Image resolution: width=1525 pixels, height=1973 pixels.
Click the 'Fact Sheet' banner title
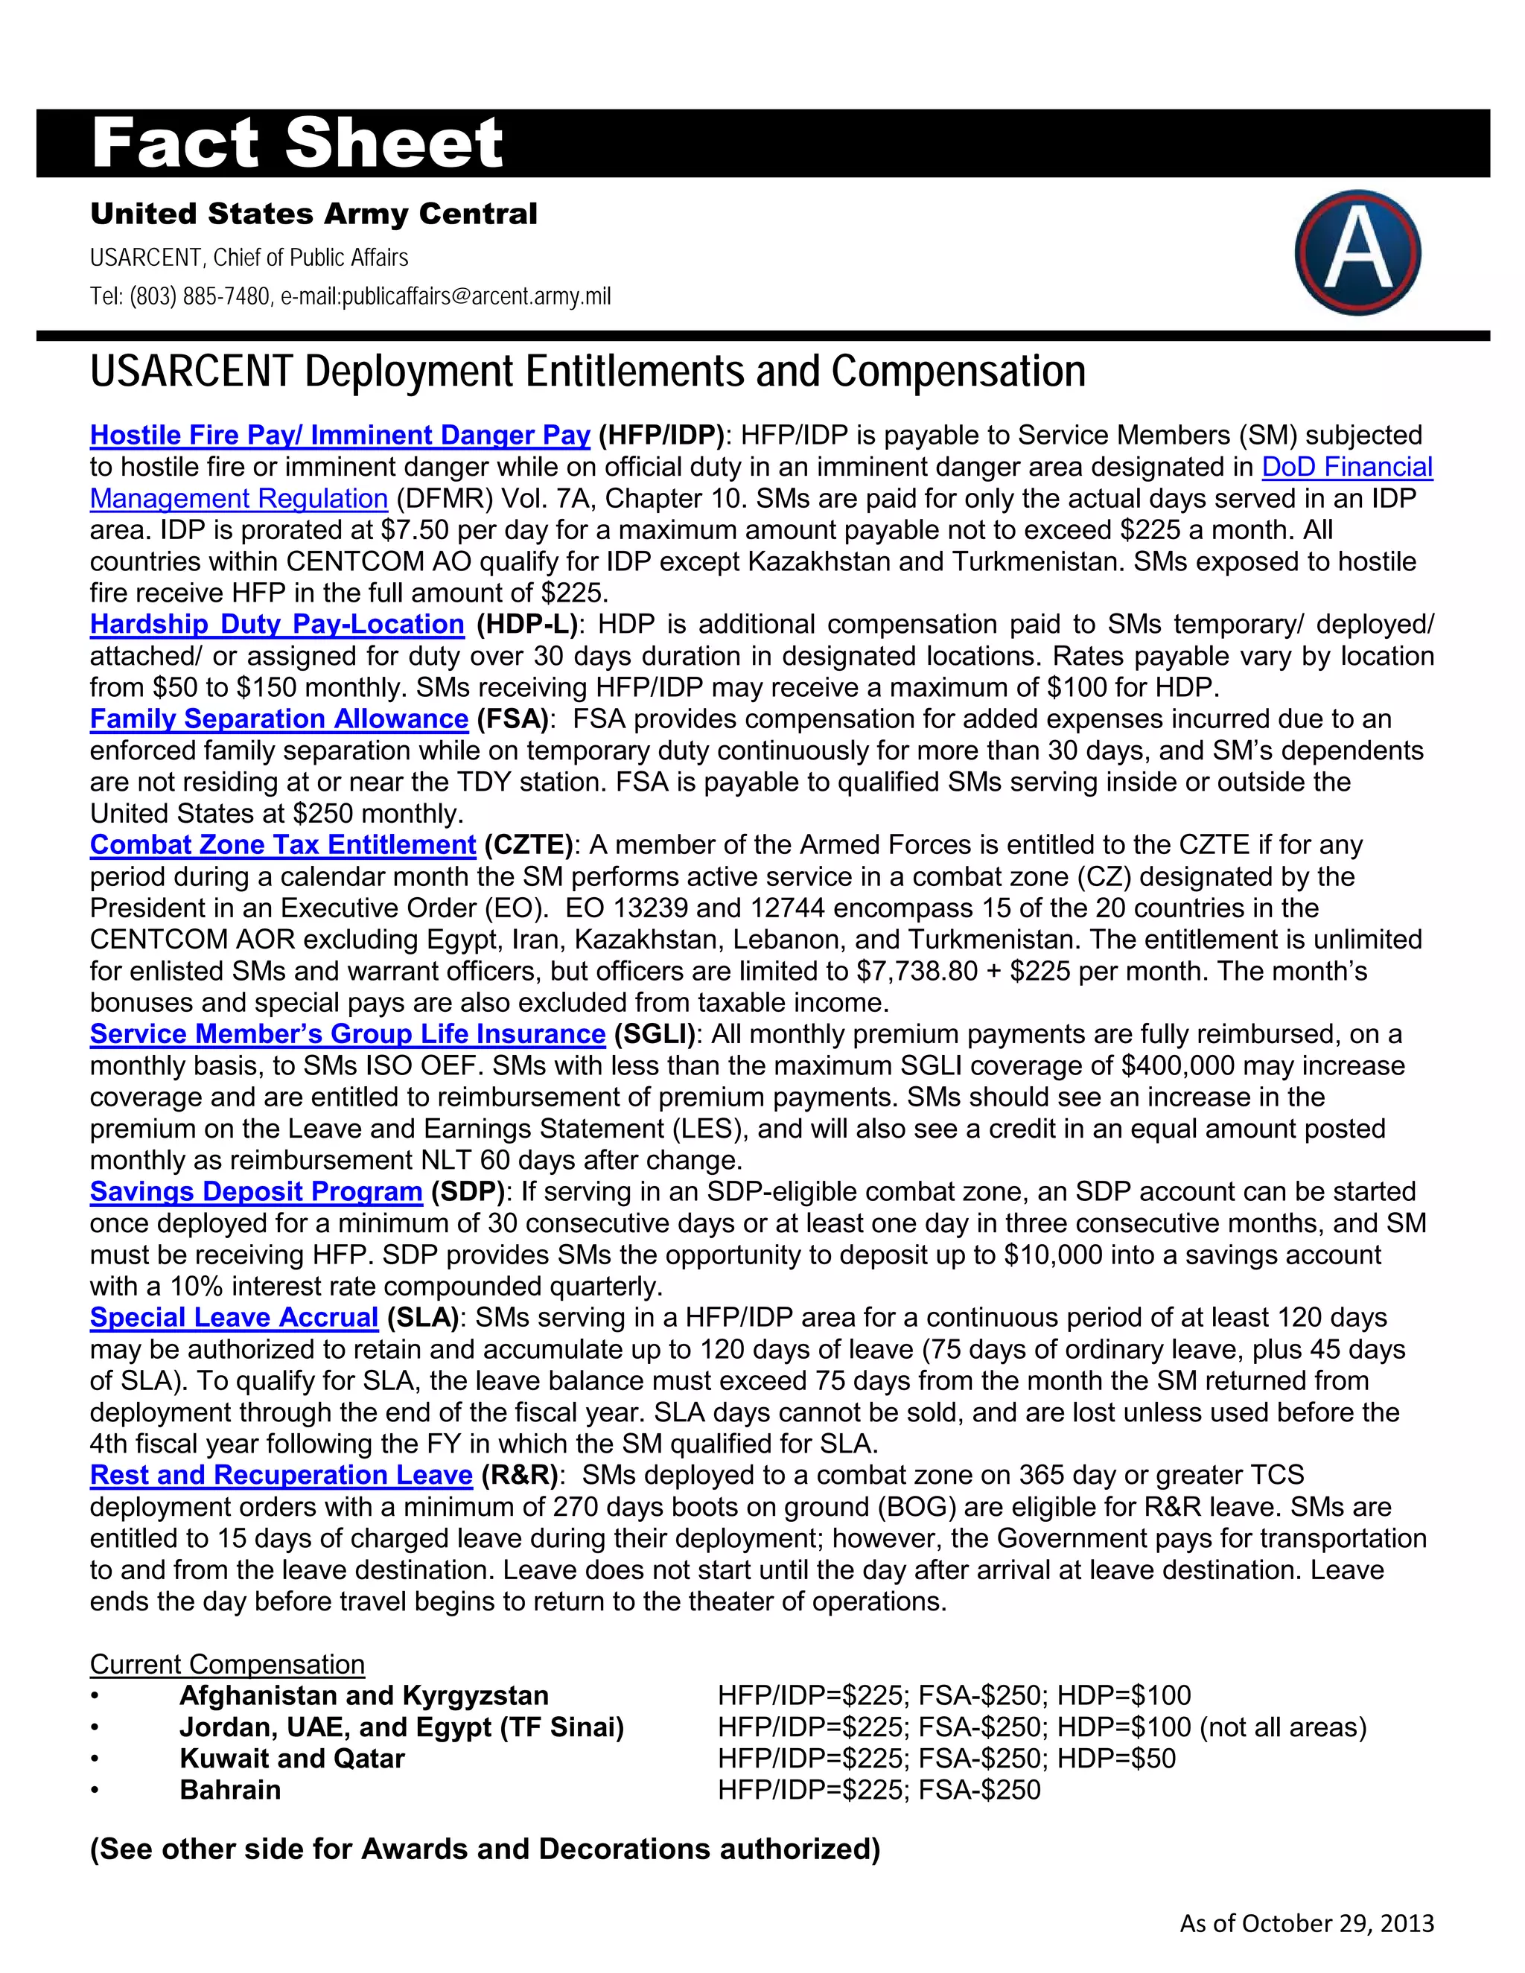point(297,144)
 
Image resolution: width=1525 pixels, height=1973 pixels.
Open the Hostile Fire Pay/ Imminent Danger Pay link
point(340,436)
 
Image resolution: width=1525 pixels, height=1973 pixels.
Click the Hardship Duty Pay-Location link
point(276,624)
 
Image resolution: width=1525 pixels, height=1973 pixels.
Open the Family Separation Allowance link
point(278,719)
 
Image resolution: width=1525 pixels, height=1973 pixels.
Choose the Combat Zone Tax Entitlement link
point(282,845)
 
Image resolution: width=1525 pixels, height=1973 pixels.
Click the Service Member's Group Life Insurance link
point(347,1033)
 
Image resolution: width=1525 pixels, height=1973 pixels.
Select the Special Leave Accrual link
point(233,1317)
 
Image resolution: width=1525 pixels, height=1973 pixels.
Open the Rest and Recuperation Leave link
point(281,1475)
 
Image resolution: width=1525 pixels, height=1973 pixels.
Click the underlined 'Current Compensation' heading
point(227,1664)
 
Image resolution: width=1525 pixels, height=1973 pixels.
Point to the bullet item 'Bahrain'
point(229,1790)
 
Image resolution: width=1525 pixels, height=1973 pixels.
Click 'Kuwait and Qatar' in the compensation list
point(291,1758)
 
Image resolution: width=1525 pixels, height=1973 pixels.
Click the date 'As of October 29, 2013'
point(1306,1922)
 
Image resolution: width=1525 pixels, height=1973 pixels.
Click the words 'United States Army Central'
point(313,214)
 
